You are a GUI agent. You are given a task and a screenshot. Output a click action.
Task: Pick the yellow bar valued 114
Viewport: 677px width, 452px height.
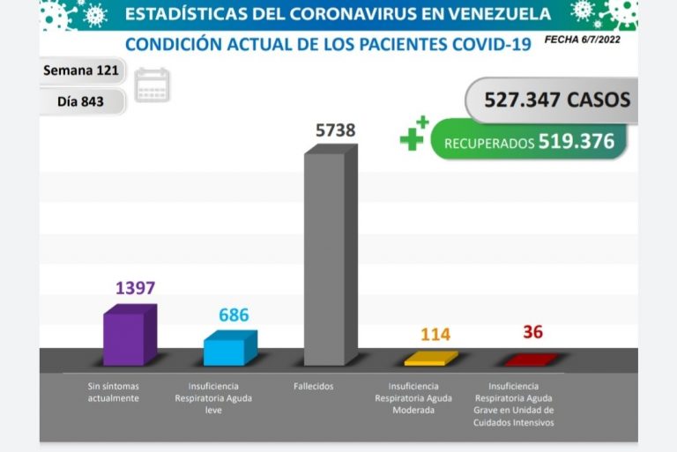[430, 359]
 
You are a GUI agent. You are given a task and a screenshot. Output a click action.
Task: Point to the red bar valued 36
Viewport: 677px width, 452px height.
[530, 359]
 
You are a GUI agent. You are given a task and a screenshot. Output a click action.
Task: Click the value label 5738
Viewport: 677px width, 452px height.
[335, 130]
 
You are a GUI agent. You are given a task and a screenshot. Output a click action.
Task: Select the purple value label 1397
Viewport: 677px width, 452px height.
[135, 288]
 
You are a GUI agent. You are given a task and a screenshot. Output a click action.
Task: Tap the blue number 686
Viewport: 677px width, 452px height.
[234, 315]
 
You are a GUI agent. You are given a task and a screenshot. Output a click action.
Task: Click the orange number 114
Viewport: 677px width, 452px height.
[435, 335]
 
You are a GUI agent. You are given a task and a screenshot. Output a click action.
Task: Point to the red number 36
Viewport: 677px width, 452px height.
[532, 332]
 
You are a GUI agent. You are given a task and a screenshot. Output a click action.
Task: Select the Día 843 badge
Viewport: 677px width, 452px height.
[81, 101]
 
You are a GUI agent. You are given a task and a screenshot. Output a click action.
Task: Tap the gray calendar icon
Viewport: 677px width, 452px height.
[153, 85]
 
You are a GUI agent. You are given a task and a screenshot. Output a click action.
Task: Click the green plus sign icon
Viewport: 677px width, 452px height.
[413, 134]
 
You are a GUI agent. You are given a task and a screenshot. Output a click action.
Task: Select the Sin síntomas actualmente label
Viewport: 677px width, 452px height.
[114, 392]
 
